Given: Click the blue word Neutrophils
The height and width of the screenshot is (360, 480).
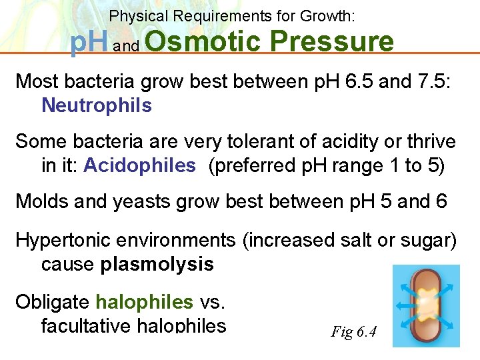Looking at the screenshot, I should tap(96, 105).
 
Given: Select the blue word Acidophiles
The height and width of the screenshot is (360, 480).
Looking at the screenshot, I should tap(139, 165).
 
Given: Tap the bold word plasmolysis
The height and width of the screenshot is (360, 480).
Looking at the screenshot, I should tap(157, 264).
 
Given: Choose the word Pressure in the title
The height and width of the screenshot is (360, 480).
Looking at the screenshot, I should tap(333, 42).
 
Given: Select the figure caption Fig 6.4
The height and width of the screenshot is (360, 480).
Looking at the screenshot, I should tap(353, 331).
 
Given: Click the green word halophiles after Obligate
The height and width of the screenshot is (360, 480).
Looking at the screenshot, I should tap(144, 302).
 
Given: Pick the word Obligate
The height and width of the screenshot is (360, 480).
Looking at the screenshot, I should tap(52, 302).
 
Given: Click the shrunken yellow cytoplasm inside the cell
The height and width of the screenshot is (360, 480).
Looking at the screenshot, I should tap(426, 305).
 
